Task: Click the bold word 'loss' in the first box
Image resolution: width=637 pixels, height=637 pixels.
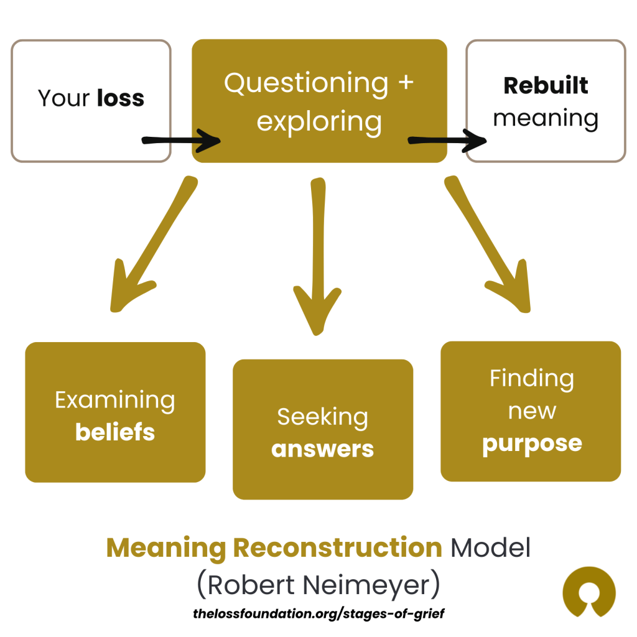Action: click(121, 98)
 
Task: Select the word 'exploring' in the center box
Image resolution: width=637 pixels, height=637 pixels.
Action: click(319, 121)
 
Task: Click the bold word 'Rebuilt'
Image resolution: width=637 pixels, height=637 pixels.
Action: click(546, 86)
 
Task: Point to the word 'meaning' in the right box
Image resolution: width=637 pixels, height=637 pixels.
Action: click(546, 118)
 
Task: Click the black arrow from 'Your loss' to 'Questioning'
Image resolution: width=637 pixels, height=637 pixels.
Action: click(180, 140)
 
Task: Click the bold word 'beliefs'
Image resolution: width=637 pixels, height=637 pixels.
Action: click(115, 432)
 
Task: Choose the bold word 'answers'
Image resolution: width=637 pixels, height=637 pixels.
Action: click(323, 449)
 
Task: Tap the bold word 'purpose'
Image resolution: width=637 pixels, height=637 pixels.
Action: click(532, 444)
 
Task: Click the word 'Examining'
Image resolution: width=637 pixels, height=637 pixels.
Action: click(115, 400)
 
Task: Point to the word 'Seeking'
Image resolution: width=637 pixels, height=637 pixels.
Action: click(323, 417)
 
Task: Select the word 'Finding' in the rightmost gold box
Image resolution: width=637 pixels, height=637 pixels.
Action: click(532, 378)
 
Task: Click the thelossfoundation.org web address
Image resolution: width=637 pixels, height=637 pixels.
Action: click(319, 613)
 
